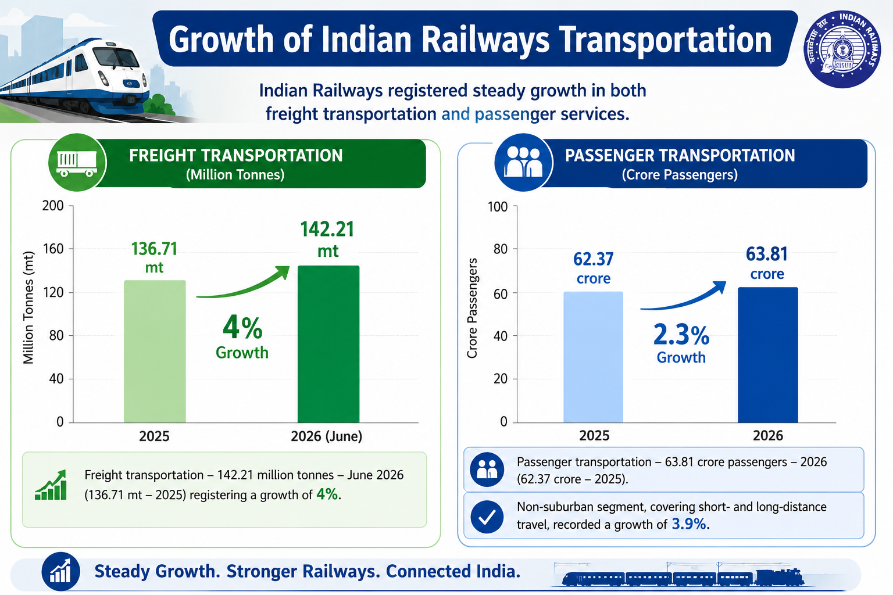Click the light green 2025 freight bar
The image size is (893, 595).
point(155,351)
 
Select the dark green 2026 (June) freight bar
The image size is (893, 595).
point(328,344)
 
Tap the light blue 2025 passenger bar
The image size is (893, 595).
point(593,357)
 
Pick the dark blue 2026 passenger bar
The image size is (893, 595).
point(768,354)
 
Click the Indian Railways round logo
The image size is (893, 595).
point(842,49)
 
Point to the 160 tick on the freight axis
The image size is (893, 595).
point(53,249)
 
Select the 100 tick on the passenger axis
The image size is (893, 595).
point(498,207)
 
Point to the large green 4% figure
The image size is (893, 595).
point(242,328)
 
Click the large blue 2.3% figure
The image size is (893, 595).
point(681,334)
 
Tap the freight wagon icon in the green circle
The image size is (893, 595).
point(77,163)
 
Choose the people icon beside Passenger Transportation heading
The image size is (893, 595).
point(523,162)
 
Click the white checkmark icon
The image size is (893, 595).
point(487,517)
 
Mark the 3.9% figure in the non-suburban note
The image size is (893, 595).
point(688,524)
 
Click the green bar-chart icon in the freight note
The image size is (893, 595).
point(51,485)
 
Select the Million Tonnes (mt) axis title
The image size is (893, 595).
point(28,307)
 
